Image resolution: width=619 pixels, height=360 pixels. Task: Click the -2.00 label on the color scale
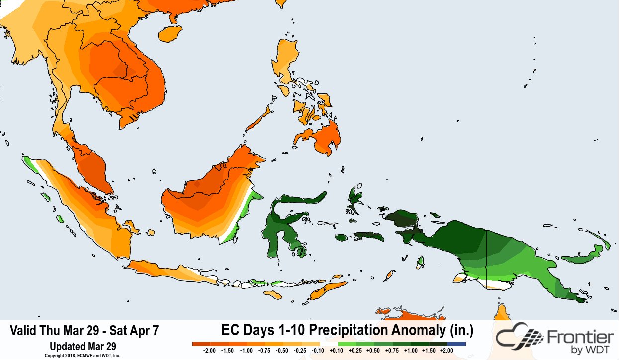coord(210,351)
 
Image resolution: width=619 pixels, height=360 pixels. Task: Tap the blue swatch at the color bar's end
coord(456,344)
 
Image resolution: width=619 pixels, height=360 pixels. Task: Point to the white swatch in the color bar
coord(329,344)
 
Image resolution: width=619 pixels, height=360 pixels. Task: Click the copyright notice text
coord(83,356)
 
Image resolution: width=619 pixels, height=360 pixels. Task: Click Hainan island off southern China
coord(169,34)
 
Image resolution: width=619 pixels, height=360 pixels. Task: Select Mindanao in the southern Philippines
coord(323,137)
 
